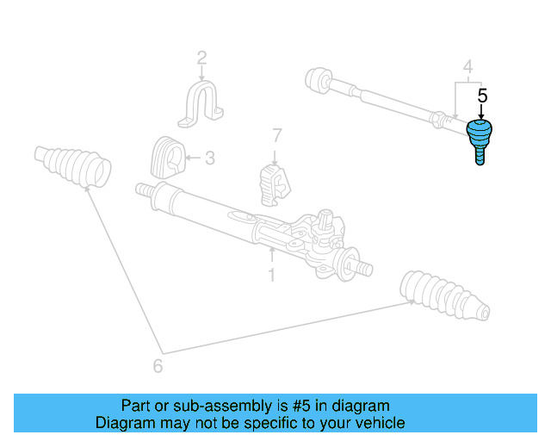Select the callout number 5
482,96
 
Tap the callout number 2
201,59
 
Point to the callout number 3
210,158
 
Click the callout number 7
275,135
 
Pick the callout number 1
271,275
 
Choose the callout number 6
157,365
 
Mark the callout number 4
467,66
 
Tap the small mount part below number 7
275,183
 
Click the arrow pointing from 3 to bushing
194,158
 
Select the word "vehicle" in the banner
377,423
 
